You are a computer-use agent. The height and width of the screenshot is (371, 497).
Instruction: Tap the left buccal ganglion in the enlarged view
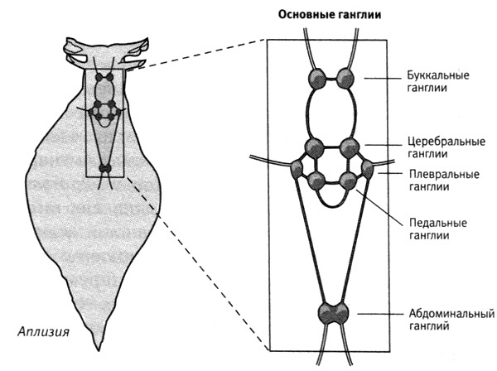(318, 79)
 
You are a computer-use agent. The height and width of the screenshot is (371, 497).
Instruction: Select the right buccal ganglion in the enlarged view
(345, 79)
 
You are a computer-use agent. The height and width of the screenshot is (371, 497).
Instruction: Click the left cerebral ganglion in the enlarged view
(314, 148)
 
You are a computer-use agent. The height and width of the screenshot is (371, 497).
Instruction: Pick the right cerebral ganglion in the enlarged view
(350, 149)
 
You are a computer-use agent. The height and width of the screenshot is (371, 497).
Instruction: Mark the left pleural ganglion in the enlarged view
(296, 171)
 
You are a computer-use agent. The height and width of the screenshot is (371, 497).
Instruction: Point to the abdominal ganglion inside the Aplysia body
(105, 169)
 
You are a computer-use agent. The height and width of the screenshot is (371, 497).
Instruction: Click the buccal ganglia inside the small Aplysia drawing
(105, 77)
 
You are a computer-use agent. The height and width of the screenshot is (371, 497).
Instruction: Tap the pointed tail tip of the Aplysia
(102, 345)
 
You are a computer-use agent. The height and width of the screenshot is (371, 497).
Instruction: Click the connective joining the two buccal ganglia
(331, 79)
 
